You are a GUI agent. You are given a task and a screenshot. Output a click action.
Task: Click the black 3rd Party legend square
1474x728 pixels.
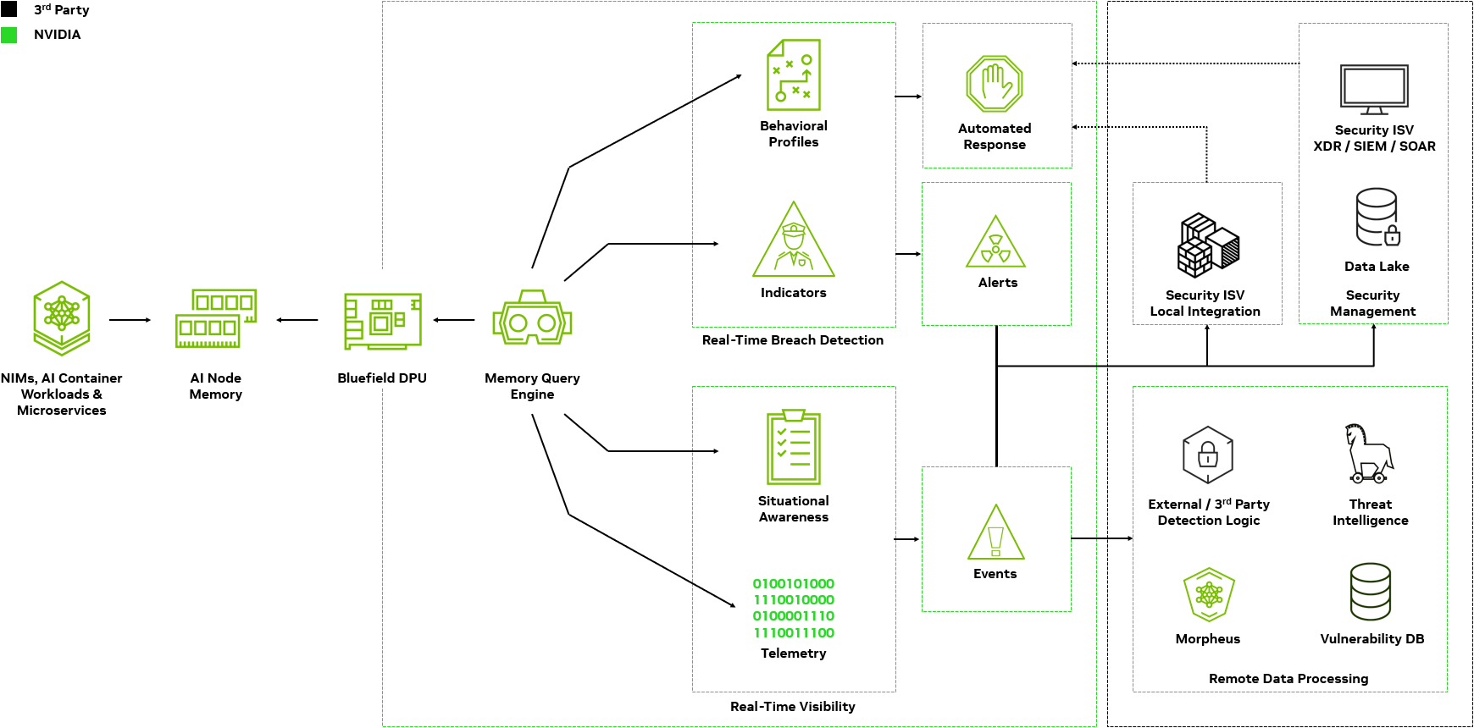point(8,9)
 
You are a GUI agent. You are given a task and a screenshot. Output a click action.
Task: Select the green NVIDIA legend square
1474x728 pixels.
point(8,35)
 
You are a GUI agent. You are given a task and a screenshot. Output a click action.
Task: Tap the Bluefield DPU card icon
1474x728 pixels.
point(383,321)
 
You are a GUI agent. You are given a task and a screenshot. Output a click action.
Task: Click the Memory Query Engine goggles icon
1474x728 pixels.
point(532,317)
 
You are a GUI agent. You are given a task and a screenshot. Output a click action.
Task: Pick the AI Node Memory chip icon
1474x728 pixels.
point(216,318)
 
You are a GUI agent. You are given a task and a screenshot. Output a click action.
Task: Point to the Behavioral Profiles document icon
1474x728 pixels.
point(794,74)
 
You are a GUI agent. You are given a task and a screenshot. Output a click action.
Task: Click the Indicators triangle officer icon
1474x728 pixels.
point(794,240)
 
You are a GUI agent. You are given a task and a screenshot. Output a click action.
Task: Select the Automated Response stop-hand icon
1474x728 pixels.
point(995,84)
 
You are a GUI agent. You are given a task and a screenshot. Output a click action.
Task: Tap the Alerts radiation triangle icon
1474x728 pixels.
point(996,242)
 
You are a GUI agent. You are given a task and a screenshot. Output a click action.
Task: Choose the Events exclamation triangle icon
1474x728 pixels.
point(996,532)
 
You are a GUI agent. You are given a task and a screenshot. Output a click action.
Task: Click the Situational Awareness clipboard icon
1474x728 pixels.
point(794,447)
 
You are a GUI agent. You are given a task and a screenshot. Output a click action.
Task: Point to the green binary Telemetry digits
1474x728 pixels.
point(794,608)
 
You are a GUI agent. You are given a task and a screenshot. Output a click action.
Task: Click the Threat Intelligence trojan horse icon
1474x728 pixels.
point(1369,454)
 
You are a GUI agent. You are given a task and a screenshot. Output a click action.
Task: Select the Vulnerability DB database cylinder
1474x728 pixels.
point(1371,592)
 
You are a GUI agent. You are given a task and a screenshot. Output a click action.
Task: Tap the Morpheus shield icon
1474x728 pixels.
point(1209,595)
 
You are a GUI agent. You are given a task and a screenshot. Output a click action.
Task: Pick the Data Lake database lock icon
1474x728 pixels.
point(1378,217)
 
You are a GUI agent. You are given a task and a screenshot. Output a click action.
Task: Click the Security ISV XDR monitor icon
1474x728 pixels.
point(1374,90)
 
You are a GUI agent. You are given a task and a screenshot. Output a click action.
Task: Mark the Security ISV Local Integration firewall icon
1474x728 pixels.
point(1208,245)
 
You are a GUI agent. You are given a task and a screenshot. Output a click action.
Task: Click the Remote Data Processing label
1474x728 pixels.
point(1288,679)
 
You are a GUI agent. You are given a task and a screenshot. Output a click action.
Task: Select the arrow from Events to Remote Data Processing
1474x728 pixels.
point(1102,538)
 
